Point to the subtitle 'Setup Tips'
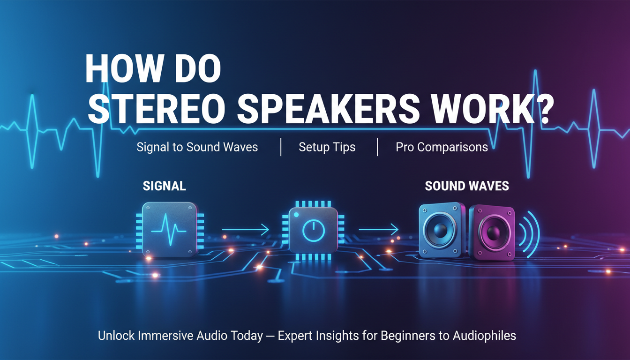pyautogui.click(x=327, y=147)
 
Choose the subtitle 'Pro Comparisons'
pyautogui.click(x=442, y=147)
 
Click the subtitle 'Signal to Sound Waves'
pyautogui.click(x=197, y=147)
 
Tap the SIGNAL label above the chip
pyautogui.click(x=164, y=186)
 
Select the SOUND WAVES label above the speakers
pyautogui.click(x=466, y=186)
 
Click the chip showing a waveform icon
pyautogui.click(x=170, y=228)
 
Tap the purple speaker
pyautogui.click(x=492, y=232)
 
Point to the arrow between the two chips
pyautogui.click(x=245, y=229)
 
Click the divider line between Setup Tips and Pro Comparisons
pyautogui.click(x=377, y=147)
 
